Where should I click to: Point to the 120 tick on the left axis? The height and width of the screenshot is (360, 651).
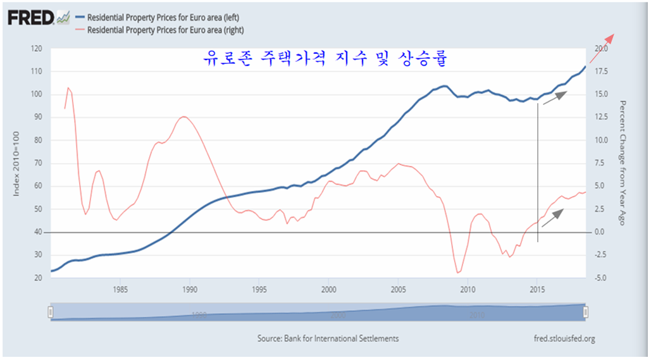tap(35, 49)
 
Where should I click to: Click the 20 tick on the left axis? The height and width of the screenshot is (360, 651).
tap(37, 278)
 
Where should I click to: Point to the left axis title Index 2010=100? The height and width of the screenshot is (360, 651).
tap(17, 163)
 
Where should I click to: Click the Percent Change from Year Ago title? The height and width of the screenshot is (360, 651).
tap(623, 163)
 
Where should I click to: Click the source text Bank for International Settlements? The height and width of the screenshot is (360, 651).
tap(328, 338)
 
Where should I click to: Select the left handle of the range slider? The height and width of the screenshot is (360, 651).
tap(50, 312)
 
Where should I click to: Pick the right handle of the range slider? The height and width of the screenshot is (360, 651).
tap(586, 312)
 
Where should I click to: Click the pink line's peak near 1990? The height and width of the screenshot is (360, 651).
tap(183, 116)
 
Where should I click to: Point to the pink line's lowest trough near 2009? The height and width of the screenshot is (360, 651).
tap(457, 273)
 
